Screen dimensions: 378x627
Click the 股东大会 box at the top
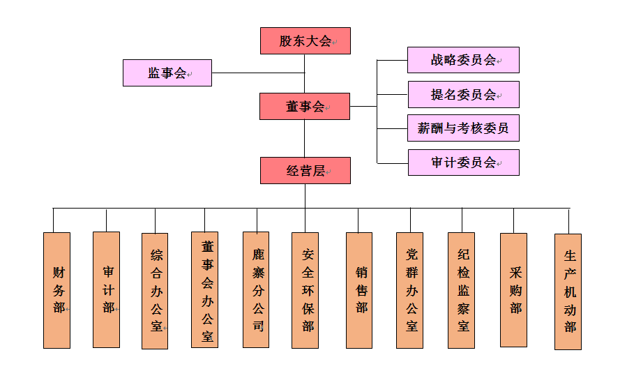[305, 41]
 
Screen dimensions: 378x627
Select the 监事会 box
[167, 73]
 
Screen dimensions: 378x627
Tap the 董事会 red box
[305, 107]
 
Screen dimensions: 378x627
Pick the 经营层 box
[305, 171]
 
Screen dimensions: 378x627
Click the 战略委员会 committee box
[463, 60]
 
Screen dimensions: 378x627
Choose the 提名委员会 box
[463, 95]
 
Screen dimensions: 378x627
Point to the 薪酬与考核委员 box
[463, 128]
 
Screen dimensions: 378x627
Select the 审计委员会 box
[463, 162]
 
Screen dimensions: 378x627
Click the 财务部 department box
[57, 290]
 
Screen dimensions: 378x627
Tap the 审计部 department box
[106, 289]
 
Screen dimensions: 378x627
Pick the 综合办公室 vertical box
[155, 291]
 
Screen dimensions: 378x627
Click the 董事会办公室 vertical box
[205, 289]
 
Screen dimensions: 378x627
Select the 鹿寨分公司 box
[256, 289]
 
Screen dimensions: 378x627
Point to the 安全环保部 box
[305, 290]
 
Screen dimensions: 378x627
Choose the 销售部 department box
[359, 290]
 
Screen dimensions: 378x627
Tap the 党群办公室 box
[409, 290]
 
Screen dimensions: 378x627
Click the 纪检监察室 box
[461, 290]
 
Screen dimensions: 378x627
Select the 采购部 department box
[513, 289]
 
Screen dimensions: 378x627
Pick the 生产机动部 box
[568, 292]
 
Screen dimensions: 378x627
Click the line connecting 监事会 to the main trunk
[258, 73]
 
